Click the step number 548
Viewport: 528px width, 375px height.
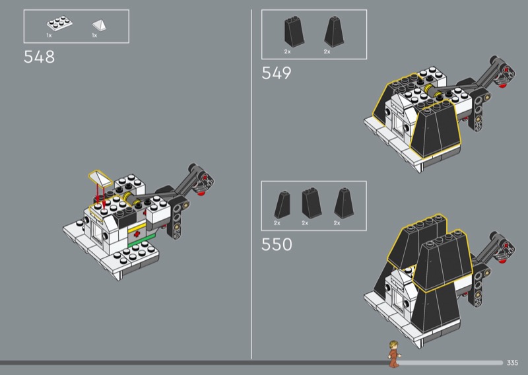(x=39, y=57)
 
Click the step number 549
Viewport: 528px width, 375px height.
(x=277, y=73)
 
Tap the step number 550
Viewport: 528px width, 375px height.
(x=277, y=245)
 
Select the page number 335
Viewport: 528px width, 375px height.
(x=512, y=362)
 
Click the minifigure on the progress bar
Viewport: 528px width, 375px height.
(x=394, y=353)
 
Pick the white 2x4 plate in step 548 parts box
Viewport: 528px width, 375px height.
(x=59, y=23)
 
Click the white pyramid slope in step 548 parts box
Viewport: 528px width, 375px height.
(x=100, y=25)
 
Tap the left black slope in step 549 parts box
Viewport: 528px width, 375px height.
(x=294, y=31)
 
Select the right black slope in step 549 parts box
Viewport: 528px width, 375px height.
(x=334, y=32)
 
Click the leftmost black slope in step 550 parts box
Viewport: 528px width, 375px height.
(x=282, y=205)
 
